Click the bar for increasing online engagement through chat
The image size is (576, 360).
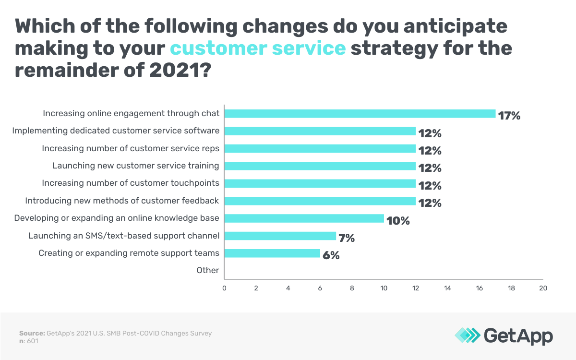[x=360, y=114]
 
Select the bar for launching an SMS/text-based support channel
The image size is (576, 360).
[x=280, y=236]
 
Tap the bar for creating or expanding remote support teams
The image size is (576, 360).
[x=272, y=253]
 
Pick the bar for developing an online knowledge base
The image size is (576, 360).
[x=304, y=218]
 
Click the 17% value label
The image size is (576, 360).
[x=509, y=116]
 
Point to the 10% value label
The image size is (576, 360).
[x=398, y=221]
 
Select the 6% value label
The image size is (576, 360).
[x=331, y=255]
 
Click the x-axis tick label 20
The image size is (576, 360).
[x=543, y=288]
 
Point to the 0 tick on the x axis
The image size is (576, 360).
[x=224, y=288]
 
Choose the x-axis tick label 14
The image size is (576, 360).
[x=447, y=288]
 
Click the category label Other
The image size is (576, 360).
[x=208, y=270]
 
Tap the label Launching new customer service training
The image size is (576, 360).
[x=136, y=166]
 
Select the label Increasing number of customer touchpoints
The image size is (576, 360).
[x=131, y=183]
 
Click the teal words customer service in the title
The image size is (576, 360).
[x=258, y=48]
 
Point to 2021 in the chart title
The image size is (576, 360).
[x=175, y=71]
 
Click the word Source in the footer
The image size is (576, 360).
[x=32, y=333]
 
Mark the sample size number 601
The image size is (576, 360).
[x=32, y=341]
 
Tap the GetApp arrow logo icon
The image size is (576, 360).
[x=467, y=336]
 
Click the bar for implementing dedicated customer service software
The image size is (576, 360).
[x=320, y=131]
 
